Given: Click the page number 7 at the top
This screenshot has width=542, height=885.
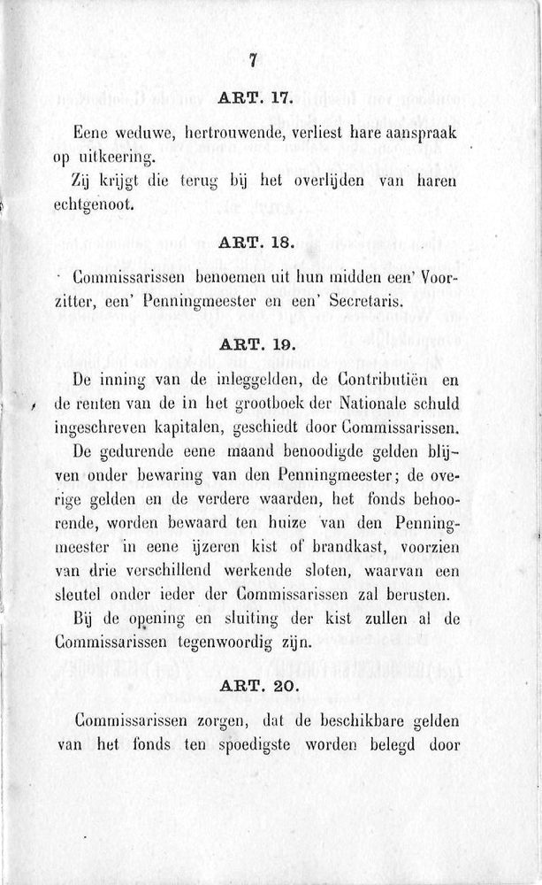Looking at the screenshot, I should (x=253, y=61).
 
